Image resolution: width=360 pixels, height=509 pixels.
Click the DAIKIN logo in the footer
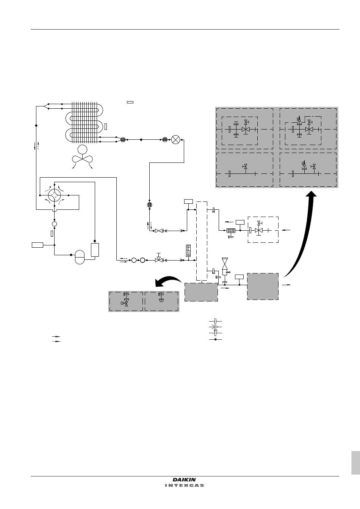[184, 480]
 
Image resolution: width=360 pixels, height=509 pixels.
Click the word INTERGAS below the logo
[185, 486]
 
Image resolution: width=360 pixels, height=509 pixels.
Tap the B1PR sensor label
[188, 251]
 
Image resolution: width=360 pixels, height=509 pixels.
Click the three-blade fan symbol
[82, 156]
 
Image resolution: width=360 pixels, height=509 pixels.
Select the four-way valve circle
[55, 195]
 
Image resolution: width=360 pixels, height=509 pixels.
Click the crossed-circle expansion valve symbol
[175, 139]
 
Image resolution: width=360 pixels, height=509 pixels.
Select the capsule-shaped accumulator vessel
[80, 257]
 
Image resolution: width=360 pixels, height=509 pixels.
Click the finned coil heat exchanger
[84, 122]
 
